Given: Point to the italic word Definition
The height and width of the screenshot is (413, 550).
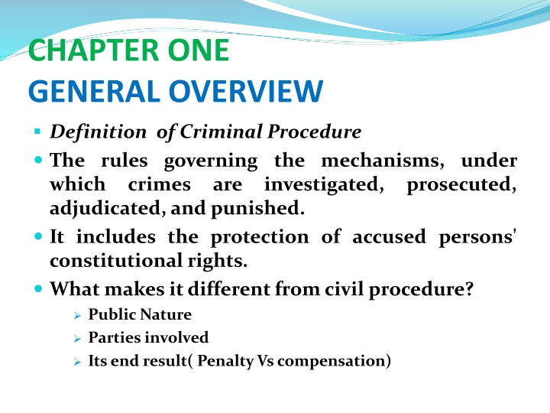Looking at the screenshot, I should [98, 132].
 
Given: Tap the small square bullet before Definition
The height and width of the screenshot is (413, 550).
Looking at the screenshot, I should [37, 132].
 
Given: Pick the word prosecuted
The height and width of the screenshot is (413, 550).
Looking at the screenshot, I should [463, 186].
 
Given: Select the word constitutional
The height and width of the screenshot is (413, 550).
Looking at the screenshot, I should [118, 262].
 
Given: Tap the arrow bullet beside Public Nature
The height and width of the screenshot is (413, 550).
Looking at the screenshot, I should [76, 314].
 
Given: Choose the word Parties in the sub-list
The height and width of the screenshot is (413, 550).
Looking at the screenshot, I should [112, 337].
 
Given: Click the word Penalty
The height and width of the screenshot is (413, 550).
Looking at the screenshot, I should [225, 360].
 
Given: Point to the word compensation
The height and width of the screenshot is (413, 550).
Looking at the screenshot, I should [332, 360].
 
